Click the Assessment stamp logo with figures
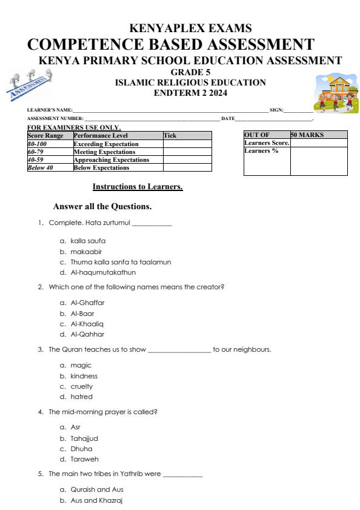click(x=30, y=84)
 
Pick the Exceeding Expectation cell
click(x=106, y=144)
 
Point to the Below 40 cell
click(x=41, y=167)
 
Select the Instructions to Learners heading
click(x=138, y=187)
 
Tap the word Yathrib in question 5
click(x=134, y=474)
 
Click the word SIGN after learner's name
click(x=276, y=110)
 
